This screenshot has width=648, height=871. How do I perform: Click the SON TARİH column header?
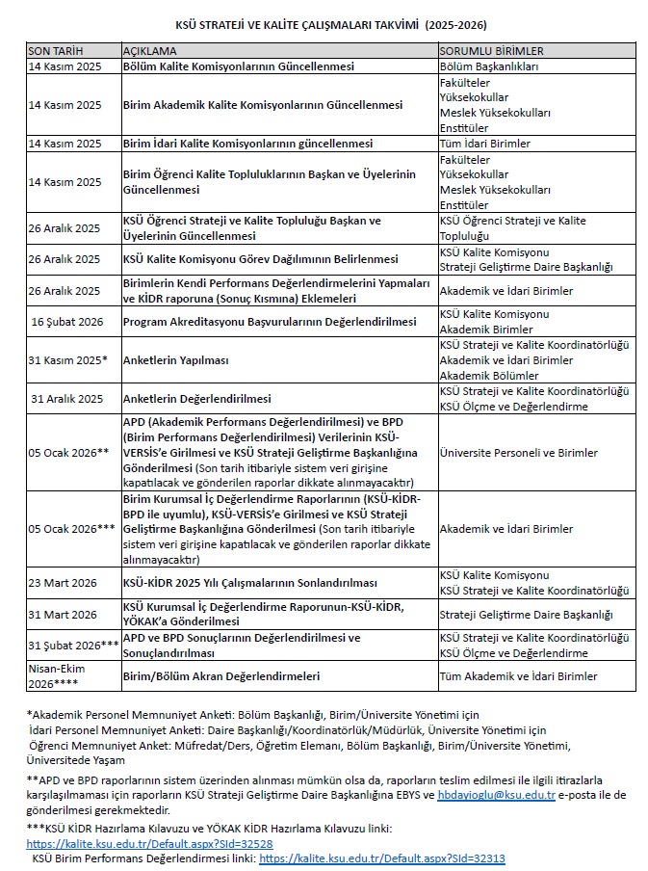click(x=55, y=50)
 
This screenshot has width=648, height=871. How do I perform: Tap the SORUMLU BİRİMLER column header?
click(x=491, y=50)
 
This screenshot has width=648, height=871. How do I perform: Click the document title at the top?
click(x=324, y=21)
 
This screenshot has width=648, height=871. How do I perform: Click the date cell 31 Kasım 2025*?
click(x=68, y=360)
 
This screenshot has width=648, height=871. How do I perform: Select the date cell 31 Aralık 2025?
click(x=66, y=398)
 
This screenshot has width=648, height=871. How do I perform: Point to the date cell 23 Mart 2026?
click(x=64, y=583)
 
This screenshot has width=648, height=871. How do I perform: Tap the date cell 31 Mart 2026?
click(x=64, y=614)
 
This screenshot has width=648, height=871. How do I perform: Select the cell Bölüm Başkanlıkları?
click(x=488, y=66)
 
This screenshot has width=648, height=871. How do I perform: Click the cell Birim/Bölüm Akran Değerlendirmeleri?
click(x=220, y=676)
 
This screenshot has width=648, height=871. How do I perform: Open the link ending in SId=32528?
click(x=134, y=842)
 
